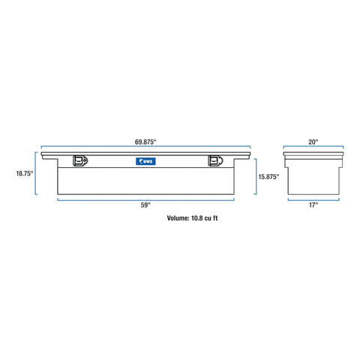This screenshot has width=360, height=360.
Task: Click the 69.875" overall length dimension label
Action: (145, 142)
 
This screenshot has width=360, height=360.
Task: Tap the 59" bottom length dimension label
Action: (145, 205)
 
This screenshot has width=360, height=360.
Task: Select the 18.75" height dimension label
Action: (25, 173)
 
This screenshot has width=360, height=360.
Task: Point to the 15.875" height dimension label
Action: (268, 177)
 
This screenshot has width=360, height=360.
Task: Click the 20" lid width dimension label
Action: (313, 142)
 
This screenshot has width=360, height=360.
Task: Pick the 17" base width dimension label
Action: (313, 205)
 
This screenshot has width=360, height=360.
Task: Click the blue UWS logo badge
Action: (145, 161)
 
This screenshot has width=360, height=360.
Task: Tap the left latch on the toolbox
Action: (80, 160)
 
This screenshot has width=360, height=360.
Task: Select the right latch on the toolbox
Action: (215, 160)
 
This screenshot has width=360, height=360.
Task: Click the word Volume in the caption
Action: (178, 218)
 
